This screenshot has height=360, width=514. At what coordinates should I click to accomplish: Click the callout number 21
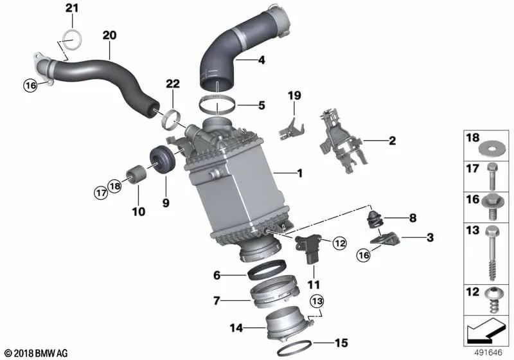71,8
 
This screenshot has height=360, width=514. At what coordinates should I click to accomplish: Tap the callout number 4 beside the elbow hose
261,61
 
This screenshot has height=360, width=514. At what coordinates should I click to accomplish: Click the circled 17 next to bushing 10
100,191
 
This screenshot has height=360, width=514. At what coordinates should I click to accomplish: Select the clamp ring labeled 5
218,104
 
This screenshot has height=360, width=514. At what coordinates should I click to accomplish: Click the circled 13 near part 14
317,300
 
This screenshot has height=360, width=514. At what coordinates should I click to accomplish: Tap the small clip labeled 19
287,127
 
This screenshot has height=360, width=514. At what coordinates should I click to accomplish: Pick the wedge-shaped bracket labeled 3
389,242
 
